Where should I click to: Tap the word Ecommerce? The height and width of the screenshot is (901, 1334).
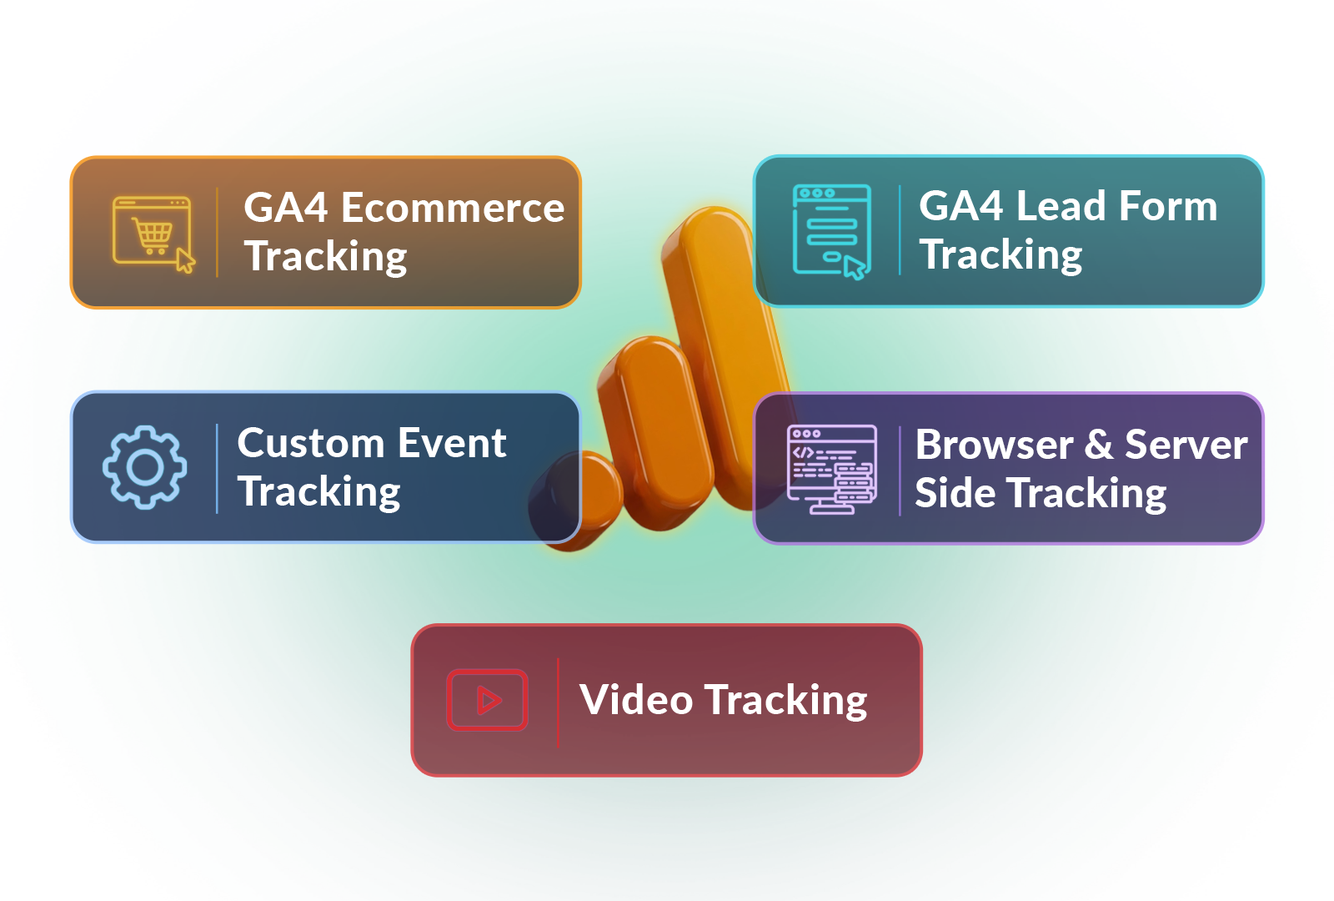(453, 208)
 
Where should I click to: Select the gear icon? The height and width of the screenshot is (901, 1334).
(145, 467)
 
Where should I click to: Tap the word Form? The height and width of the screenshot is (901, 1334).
(1167, 206)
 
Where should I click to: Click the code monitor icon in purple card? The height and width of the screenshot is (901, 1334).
(831, 469)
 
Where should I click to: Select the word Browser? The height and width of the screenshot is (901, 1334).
(994, 445)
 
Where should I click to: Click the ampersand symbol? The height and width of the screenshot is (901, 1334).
(1099, 445)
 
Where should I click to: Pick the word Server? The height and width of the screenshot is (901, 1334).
(1186, 445)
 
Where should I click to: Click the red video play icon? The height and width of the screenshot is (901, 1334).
(488, 700)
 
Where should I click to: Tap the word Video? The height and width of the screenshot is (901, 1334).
(636, 699)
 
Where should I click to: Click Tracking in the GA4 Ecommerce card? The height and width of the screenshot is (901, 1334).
(325, 256)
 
